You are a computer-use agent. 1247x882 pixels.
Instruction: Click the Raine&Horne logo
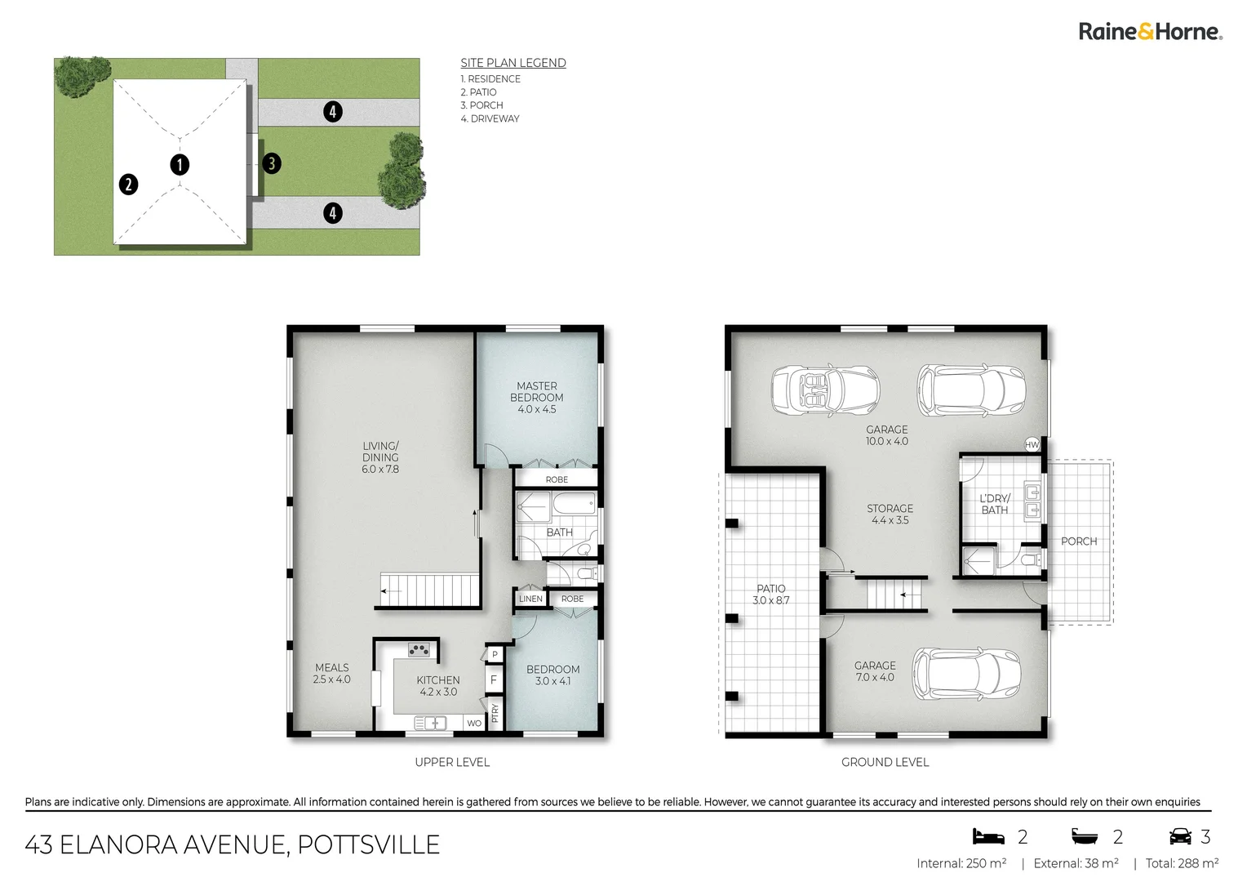(1150, 32)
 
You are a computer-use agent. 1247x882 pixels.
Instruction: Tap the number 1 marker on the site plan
(180, 165)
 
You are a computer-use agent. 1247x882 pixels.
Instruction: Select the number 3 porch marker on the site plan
(272, 163)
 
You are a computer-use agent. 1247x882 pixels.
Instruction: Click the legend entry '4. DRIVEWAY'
(490, 118)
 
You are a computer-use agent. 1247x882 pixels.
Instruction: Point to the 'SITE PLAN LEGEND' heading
(513, 63)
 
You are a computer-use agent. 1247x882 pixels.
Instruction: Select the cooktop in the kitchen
(419, 650)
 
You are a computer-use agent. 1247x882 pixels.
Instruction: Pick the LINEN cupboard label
(530, 599)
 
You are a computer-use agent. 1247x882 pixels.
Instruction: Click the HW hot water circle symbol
(1032, 445)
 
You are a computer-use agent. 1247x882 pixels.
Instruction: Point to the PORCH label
(1078, 541)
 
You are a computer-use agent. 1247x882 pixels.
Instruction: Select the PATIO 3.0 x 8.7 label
(771, 594)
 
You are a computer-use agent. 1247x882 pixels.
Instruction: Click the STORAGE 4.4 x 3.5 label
(890, 514)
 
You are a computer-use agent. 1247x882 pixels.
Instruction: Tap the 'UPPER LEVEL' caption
(452, 762)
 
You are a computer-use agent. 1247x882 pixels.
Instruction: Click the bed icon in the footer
(987, 836)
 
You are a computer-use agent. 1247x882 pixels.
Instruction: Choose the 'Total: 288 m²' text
(1182, 863)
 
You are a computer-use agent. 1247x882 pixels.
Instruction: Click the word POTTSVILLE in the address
(368, 844)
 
